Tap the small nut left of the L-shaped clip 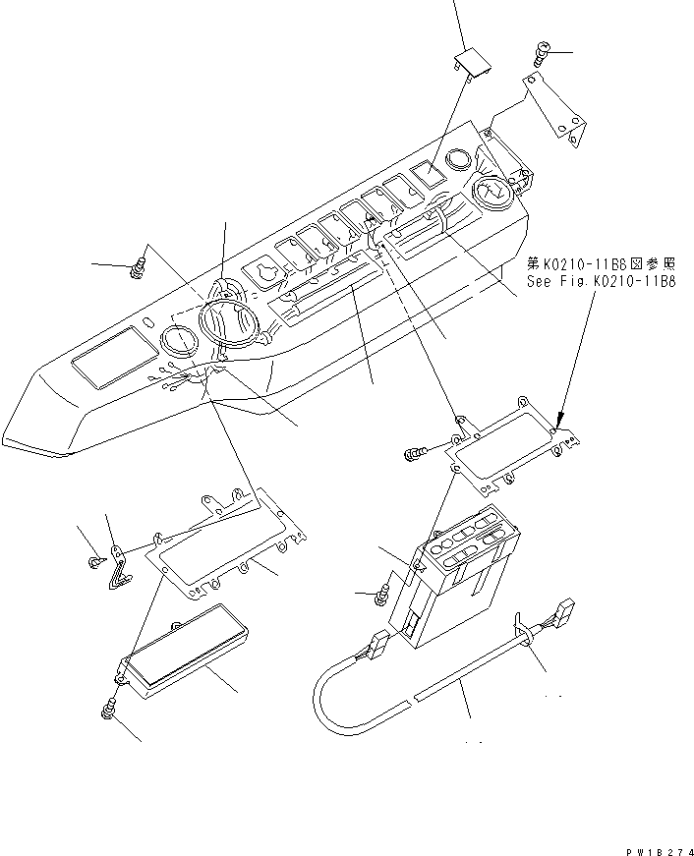(x=92, y=561)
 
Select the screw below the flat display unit (x=108, y=708)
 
